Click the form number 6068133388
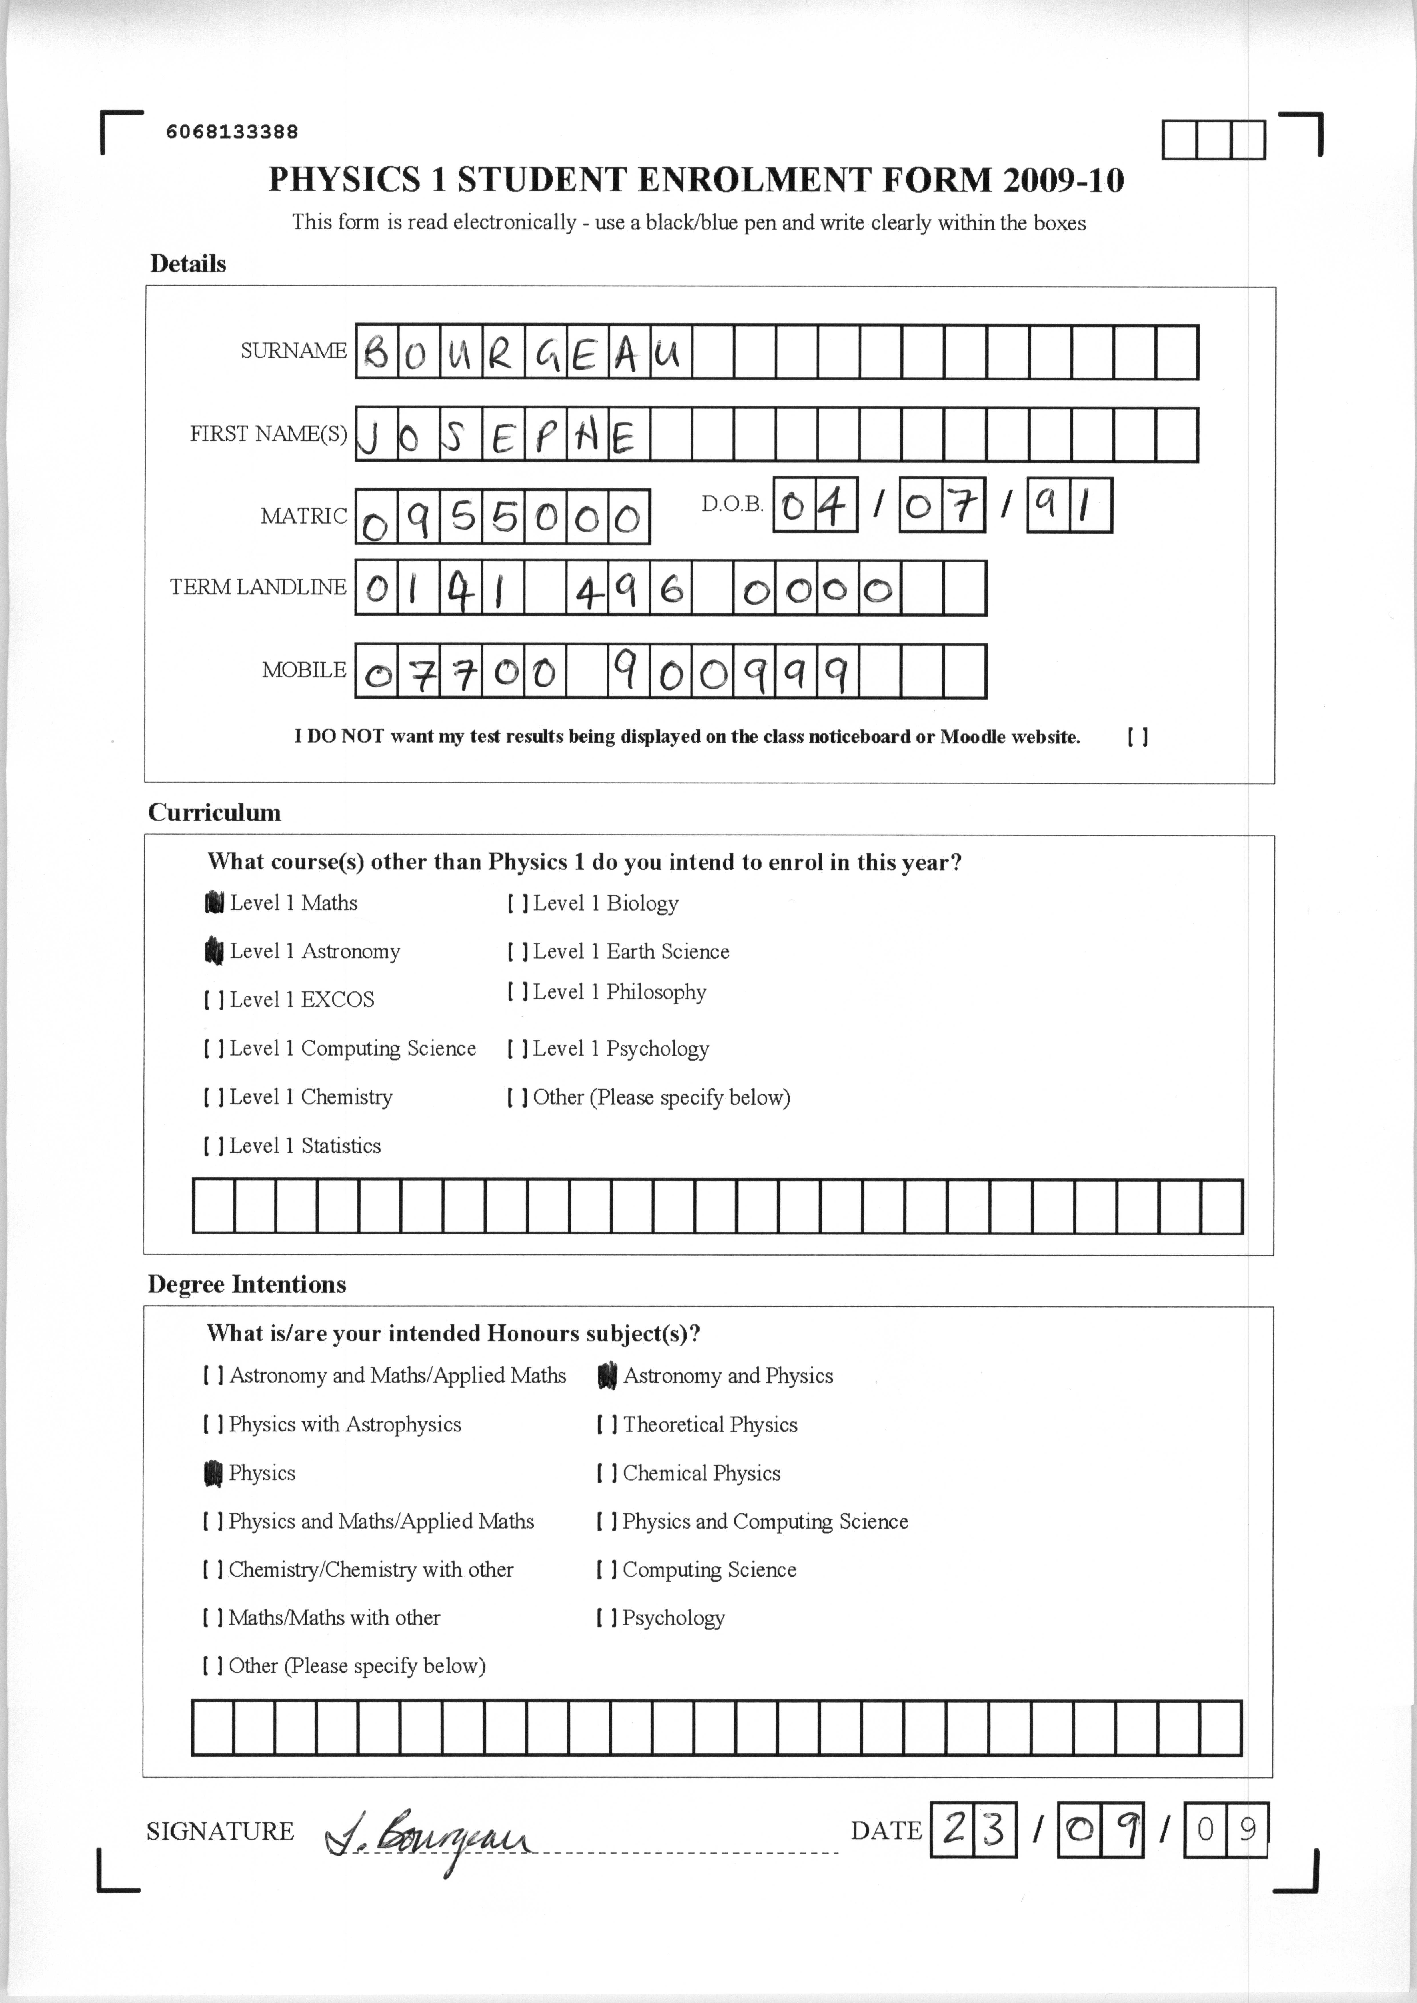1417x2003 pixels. click(232, 132)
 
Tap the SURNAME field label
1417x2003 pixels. click(293, 351)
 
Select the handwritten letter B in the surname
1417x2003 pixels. click(377, 353)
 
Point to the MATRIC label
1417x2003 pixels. click(304, 516)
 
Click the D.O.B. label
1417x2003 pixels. click(732, 504)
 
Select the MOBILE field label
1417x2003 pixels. click(304, 670)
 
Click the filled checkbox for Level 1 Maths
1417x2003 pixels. click(214, 902)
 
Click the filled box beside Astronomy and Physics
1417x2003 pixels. click(607, 1376)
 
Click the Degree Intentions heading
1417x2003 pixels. click(247, 1285)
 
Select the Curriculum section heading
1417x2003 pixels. click(215, 813)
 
